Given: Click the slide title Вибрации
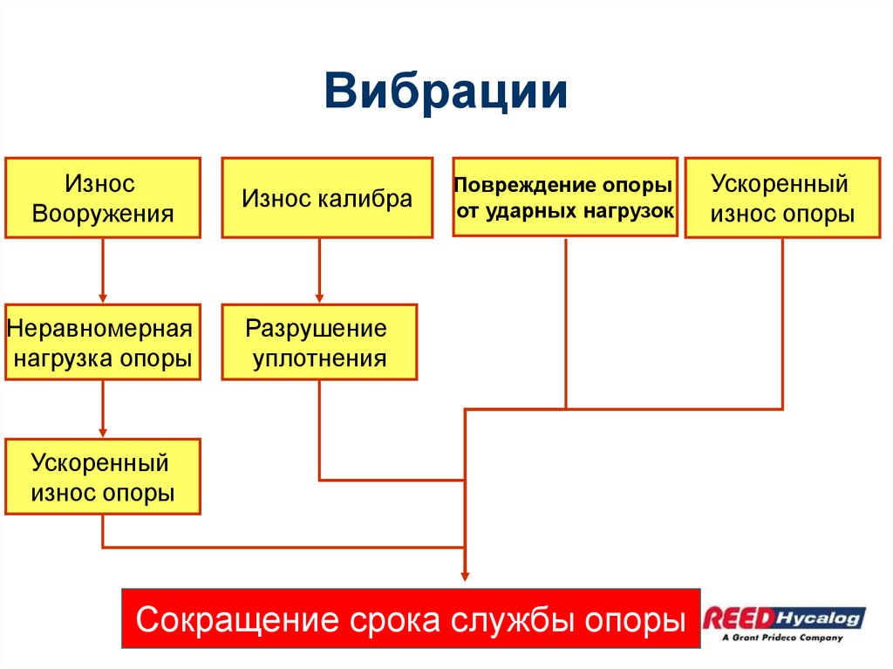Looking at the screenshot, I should [x=446, y=92].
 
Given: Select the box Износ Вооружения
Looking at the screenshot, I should [x=103, y=198].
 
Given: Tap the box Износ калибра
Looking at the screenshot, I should [x=327, y=198].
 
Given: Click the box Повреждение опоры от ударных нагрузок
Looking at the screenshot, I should [x=565, y=198].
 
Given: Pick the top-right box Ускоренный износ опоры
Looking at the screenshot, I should [x=782, y=198].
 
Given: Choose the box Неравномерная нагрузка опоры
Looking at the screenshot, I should [x=103, y=342].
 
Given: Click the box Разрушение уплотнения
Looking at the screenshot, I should [x=319, y=342].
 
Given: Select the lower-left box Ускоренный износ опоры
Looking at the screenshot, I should [x=103, y=477].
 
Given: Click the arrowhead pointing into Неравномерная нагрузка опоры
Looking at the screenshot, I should [x=103, y=297].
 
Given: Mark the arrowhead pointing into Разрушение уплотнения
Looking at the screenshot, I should [x=319, y=297].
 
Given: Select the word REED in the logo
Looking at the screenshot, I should [x=738, y=618].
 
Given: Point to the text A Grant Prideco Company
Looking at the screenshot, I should [x=781, y=638].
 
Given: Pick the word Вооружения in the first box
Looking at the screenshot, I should [x=103, y=214].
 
